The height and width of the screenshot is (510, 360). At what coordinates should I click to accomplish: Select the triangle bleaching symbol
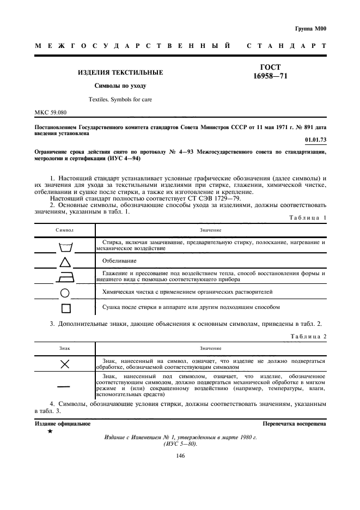pos(65,262)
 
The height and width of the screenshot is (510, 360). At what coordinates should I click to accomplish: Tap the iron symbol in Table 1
pos(65,277)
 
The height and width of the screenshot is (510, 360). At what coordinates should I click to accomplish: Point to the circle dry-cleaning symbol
pos(65,293)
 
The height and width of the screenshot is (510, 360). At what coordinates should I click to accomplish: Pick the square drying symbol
pos(65,308)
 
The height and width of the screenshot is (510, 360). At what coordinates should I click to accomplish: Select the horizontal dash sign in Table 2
pos(65,386)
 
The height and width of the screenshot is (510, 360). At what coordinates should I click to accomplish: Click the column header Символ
pos(65,230)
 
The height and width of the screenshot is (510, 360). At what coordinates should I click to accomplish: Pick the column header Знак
pos(65,348)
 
